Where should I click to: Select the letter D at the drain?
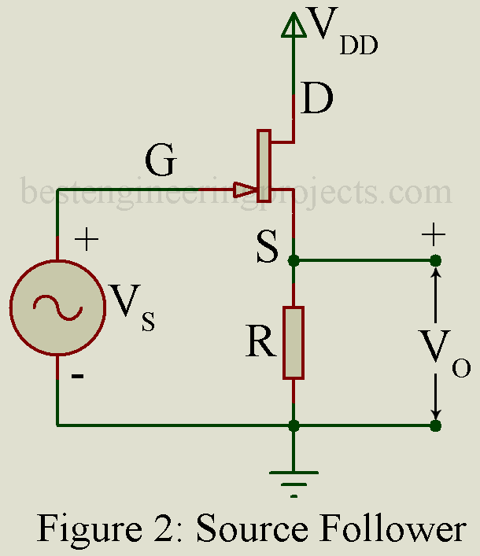(x=317, y=99)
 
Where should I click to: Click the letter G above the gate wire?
(x=161, y=162)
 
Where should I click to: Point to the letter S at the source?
(x=268, y=248)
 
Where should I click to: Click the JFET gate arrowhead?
(x=245, y=190)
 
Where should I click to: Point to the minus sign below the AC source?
(x=78, y=377)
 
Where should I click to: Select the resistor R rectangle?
(x=293, y=342)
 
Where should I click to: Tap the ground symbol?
(x=294, y=476)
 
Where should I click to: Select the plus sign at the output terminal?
(x=434, y=234)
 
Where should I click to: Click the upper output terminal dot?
(x=435, y=260)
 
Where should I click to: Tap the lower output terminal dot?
(x=435, y=425)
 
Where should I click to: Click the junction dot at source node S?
(x=294, y=260)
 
